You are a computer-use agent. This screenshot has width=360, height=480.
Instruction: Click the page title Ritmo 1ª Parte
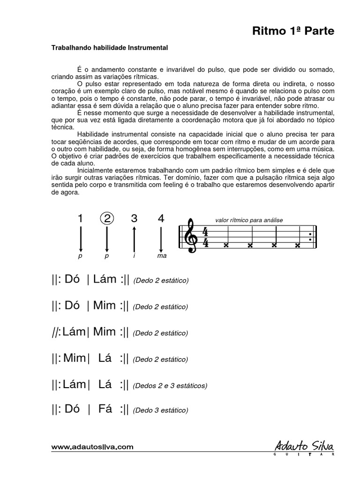pos(293,31)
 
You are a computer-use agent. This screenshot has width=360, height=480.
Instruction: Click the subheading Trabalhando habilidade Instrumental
pos(109,48)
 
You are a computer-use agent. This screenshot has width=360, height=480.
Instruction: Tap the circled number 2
pos(107,218)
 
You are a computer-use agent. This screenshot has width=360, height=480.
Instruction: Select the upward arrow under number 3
pos(135,239)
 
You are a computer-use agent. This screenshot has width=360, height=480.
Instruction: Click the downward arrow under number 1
pos(81,239)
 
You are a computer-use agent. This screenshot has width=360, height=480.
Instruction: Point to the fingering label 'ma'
pos(162,256)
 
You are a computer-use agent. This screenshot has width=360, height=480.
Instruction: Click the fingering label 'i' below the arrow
pos(135,256)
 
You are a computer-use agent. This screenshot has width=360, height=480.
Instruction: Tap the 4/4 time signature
pos(205,237)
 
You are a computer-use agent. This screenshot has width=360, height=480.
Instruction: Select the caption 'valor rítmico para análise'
pos(249,220)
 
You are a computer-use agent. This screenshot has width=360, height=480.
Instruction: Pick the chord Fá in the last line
pos(105,409)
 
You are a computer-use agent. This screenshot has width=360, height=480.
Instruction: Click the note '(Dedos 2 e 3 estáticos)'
pos(170,386)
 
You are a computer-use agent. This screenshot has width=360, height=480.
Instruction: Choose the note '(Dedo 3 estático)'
pos(160,410)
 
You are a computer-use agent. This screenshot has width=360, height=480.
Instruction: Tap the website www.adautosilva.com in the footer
pos(92,447)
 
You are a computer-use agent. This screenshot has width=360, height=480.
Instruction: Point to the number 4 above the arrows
pos(161,218)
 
